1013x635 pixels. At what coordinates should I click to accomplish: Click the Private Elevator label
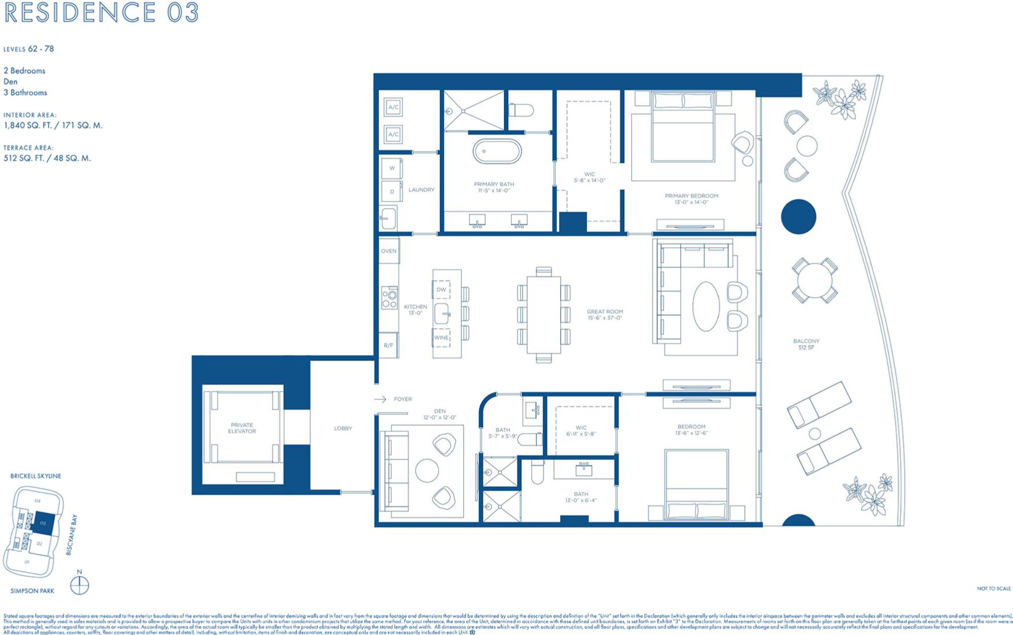pyautogui.click(x=242, y=428)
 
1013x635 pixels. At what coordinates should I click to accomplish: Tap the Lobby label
pyautogui.click(x=343, y=428)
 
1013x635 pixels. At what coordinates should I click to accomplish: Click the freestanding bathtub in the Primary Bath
pyautogui.click(x=497, y=151)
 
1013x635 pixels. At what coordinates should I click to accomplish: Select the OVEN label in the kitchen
pyautogui.click(x=389, y=251)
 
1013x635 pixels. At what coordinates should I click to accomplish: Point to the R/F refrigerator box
pyautogui.click(x=388, y=345)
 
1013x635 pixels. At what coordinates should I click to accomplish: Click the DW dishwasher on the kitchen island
pyautogui.click(x=441, y=290)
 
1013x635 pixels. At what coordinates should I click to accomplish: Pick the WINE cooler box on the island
pyautogui.click(x=441, y=338)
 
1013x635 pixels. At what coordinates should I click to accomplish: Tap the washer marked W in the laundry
pyautogui.click(x=392, y=169)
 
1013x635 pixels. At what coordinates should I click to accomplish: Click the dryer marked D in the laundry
pyautogui.click(x=392, y=192)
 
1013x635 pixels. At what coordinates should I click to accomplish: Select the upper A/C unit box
pyautogui.click(x=393, y=107)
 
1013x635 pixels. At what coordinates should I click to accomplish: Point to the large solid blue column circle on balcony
pyautogui.click(x=798, y=216)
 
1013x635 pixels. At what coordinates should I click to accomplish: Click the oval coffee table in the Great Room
pyautogui.click(x=706, y=306)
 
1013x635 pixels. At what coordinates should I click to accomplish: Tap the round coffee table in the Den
pyautogui.click(x=427, y=470)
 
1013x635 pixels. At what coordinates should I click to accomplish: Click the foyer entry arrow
pyautogui.click(x=380, y=399)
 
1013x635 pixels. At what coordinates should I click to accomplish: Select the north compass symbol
pyautogui.click(x=80, y=585)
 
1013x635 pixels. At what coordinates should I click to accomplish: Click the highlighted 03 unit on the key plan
pyautogui.click(x=43, y=523)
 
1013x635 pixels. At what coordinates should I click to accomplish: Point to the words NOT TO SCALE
pyautogui.click(x=993, y=588)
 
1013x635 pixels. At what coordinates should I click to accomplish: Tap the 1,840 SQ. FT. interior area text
pyautogui.click(x=52, y=125)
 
